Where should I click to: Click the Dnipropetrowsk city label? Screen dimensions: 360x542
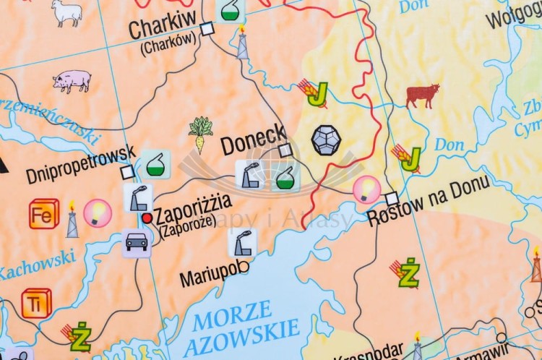pos(80,165)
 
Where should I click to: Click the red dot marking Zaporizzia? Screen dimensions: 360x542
pos(147,217)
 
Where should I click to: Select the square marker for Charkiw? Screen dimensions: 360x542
pos(207,28)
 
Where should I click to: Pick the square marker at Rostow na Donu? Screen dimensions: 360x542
pos(392,198)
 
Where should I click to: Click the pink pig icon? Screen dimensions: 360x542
pos(72,80)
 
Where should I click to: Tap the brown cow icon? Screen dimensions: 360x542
pos(423,95)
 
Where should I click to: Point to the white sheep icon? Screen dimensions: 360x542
pos(66,12)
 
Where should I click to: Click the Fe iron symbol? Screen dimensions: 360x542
pos(44,213)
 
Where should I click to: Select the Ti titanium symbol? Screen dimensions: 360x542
pos(36,304)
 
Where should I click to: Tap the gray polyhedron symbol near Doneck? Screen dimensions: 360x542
pos(326,140)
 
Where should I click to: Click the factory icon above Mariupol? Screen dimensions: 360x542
pos(242,242)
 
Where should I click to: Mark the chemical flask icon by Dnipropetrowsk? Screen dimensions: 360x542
pos(155,164)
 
